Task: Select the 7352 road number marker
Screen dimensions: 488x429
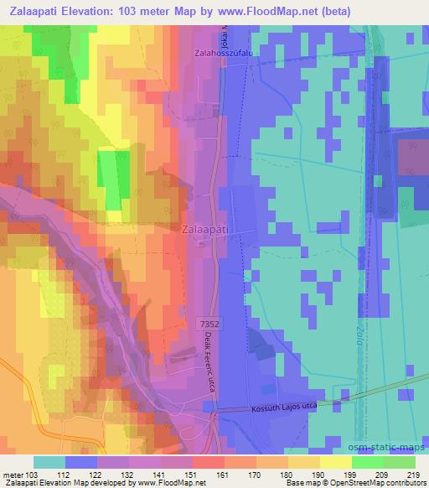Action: coord(209,321)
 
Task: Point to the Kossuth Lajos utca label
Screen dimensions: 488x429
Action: coord(286,408)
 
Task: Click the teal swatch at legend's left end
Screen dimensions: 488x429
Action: coord(49,462)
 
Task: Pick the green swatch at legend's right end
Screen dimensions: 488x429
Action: coord(400,462)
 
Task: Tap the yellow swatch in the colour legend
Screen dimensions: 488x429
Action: coord(336,462)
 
